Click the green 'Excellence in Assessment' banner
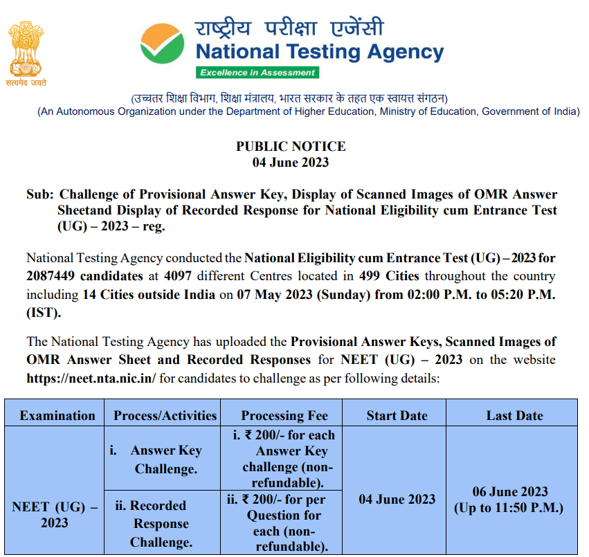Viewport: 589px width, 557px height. pyautogui.click(x=257, y=73)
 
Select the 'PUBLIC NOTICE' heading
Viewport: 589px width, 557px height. pyautogui.click(x=291, y=147)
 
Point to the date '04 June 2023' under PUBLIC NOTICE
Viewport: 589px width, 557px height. pyautogui.click(x=291, y=163)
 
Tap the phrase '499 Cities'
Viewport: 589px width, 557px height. pyautogui.click(x=387, y=276)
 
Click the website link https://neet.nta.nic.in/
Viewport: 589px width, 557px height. pyautogui.click(x=91, y=378)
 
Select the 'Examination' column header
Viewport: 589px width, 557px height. pyautogui.click(x=57, y=416)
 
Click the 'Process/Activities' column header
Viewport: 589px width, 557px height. pyautogui.click(x=165, y=416)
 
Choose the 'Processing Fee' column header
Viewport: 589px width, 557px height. pyautogui.click(x=284, y=416)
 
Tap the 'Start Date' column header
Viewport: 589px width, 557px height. pyautogui.click(x=397, y=416)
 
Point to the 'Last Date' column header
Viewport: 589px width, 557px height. pyautogui.click(x=514, y=416)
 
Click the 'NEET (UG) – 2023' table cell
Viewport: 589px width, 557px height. pyautogui.click(x=55, y=514)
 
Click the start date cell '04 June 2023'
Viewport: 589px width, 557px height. pyautogui.click(x=397, y=499)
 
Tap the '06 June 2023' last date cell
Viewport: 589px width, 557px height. pyautogui.click(x=509, y=500)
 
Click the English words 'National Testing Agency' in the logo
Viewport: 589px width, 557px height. pyautogui.click(x=319, y=51)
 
